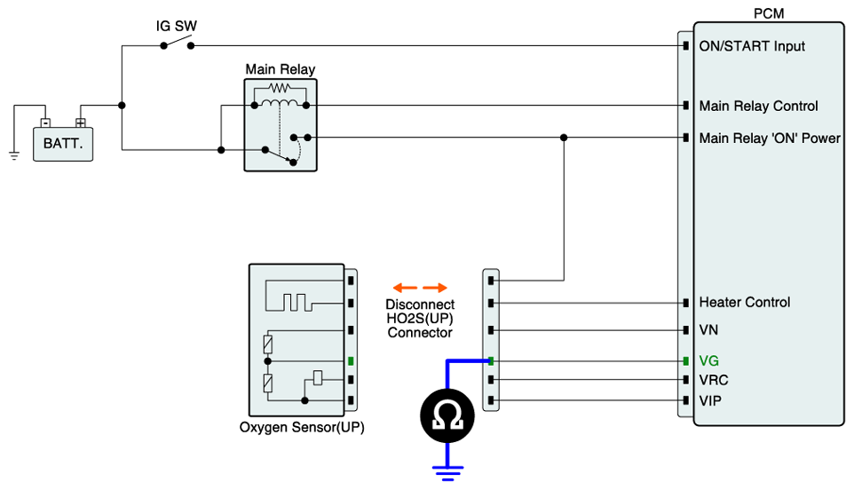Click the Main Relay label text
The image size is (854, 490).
click(280, 69)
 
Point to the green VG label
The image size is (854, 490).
click(708, 361)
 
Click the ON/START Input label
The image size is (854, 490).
click(752, 45)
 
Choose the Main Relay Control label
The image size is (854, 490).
click(758, 106)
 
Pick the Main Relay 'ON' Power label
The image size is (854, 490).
click(769, 138)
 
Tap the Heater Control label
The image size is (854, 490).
click(744, 302)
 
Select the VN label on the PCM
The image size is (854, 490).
click(708, 329)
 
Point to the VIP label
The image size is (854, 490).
click(711, 401)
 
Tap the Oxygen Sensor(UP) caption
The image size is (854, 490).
click(301, 427)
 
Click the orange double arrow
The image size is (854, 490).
click(420, 288)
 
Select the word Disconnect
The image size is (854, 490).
click(420, 304)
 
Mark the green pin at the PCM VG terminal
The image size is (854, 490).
click(685, 361)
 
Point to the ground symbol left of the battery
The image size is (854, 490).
click(14, 154)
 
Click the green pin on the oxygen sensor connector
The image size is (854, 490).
click(352, 361)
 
